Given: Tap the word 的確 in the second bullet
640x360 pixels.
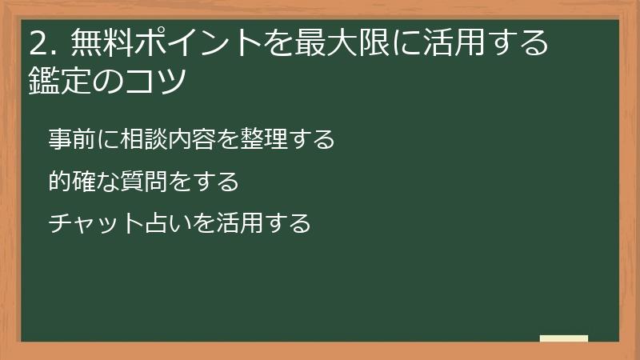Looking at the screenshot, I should click(71, 182).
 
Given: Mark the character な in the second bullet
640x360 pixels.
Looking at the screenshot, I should click(107, 182).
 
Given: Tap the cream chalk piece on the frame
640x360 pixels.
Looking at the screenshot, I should click(563, 338).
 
